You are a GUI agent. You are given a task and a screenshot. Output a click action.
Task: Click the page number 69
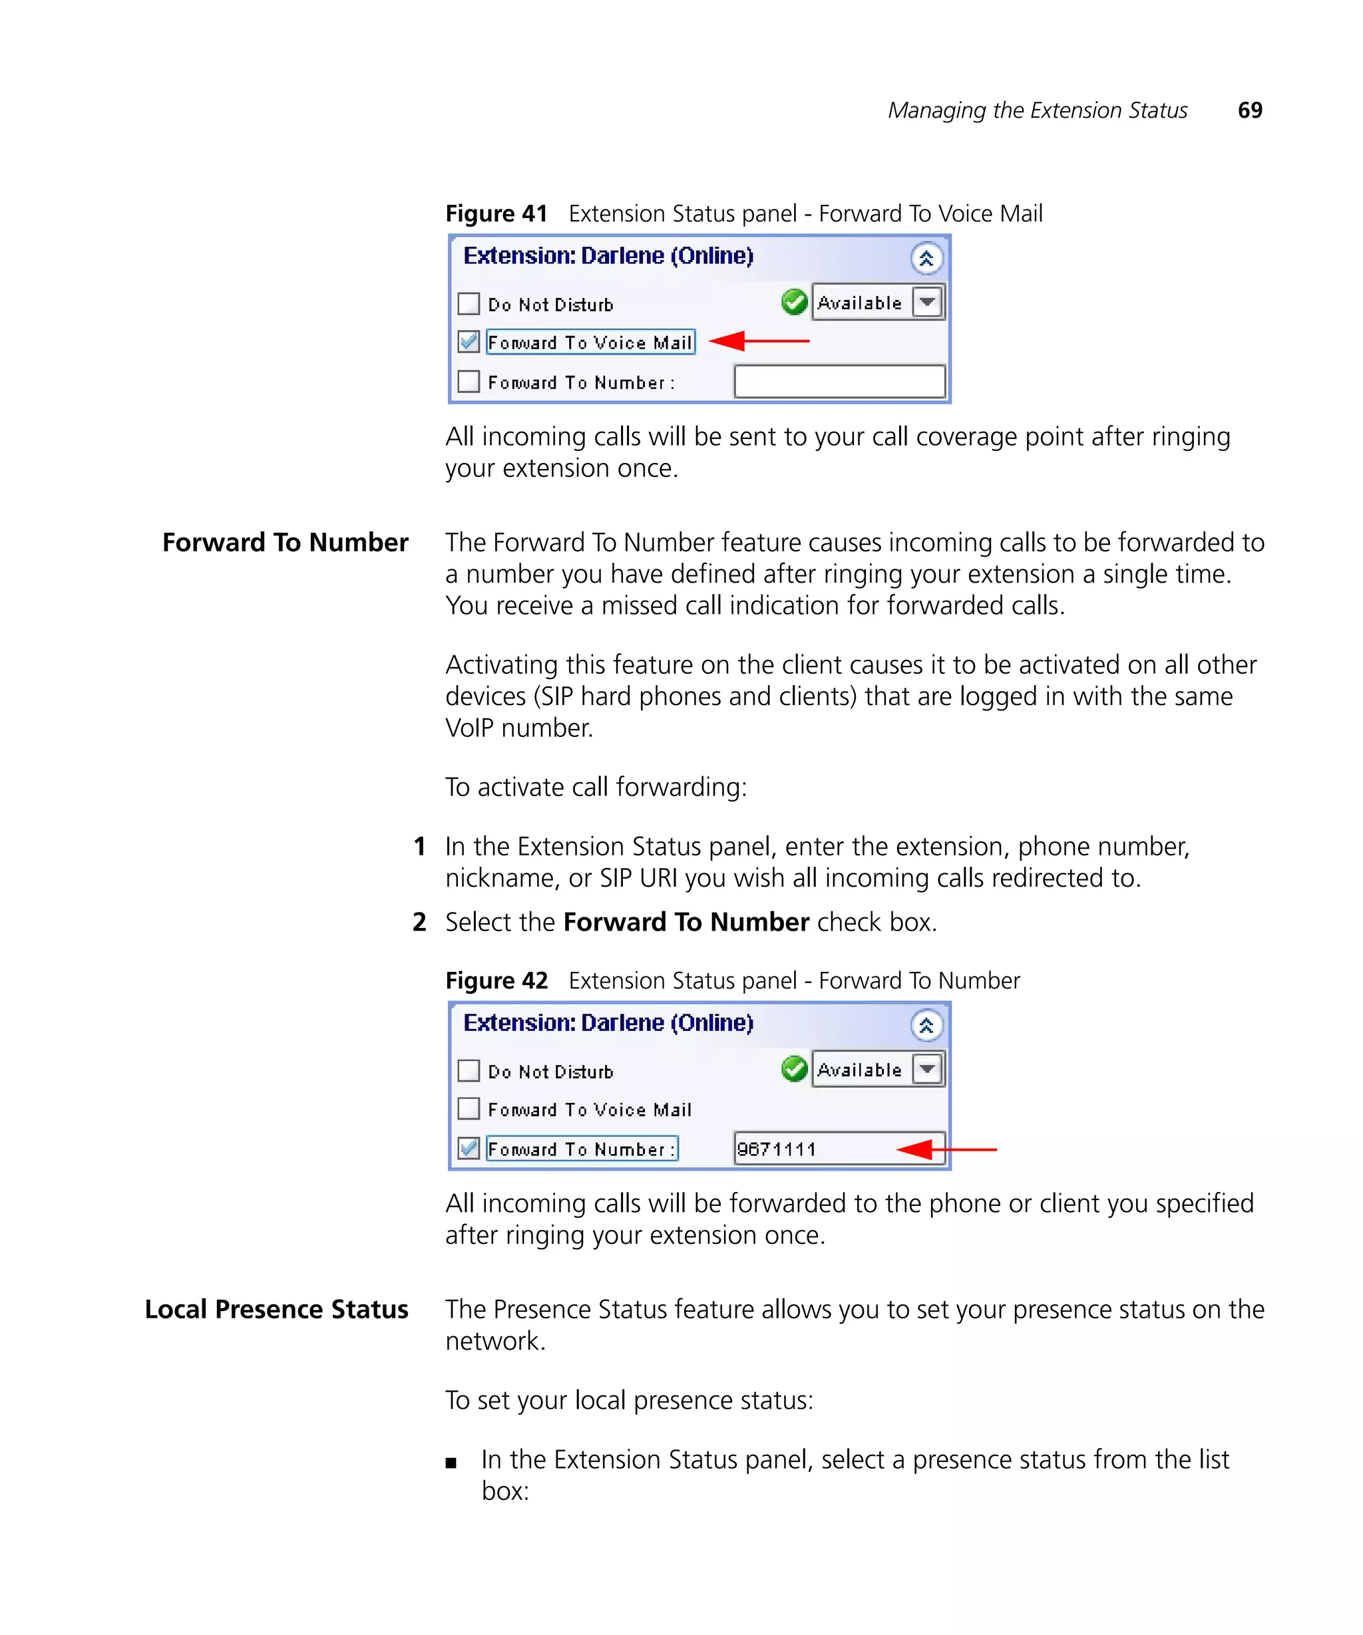(x=1249, y=110)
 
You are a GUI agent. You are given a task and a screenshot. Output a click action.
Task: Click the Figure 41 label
(x=496, y=214)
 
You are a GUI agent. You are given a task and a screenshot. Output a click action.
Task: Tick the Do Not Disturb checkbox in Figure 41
(x=468, y=303)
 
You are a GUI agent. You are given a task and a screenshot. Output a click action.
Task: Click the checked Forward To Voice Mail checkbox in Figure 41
(x=468, y=341)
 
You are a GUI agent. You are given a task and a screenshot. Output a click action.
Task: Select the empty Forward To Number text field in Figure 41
(x=839, y=382)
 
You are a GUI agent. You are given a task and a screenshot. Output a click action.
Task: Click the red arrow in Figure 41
(x=759, y=341)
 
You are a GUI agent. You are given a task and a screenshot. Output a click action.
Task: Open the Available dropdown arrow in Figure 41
(x=927, y=302)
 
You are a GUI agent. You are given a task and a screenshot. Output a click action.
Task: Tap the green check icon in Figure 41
(x=794, y=302)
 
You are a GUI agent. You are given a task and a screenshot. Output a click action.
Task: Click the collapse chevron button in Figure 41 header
(x=926, y=259)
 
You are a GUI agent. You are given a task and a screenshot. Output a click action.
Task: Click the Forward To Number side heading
(x=285, y=542)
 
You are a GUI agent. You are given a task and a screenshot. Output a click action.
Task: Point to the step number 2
(x=419, y=922)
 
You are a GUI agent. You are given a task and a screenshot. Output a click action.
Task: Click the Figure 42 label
(x=496, y=980)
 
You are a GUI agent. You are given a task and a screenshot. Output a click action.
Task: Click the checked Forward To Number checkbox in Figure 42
(x=468, y=1147)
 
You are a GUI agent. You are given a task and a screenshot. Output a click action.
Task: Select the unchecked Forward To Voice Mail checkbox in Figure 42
(x=468, y=1108)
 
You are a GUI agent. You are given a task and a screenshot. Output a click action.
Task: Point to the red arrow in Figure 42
(x=946, y=1149)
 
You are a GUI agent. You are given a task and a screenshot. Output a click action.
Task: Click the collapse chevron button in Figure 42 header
(x=926, y=1026)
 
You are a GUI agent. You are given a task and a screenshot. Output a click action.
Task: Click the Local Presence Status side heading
(x=276, y=1309)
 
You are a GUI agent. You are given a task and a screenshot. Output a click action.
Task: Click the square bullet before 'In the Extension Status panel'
(x=451, y=1463)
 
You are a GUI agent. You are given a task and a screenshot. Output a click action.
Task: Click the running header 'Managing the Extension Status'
(x=1037, y=110)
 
